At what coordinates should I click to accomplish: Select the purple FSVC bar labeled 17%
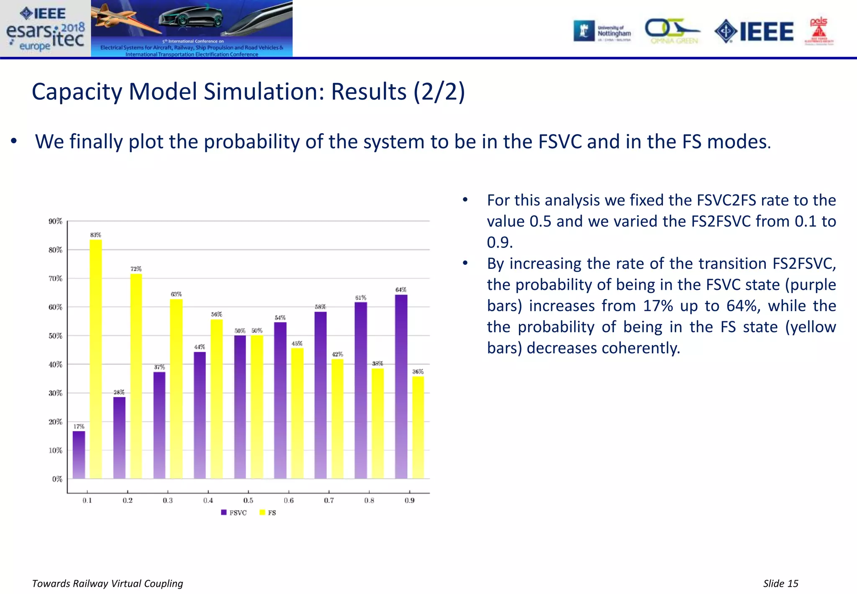click(79, 455)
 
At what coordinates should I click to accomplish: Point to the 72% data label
click(136, 269)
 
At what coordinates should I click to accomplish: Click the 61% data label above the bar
click(361, 298)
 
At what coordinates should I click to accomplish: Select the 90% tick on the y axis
click(55, 221)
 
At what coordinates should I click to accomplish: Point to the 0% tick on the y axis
click(57, 479)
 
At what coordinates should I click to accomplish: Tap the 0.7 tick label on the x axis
click(329, 501)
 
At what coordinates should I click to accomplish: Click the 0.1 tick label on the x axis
click(87, 501)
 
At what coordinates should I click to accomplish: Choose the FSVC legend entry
click(234, 513)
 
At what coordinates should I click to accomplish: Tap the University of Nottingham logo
click(603, 31)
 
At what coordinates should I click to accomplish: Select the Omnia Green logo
click(673, 31)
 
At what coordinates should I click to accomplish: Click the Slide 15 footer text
click(780, 584)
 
